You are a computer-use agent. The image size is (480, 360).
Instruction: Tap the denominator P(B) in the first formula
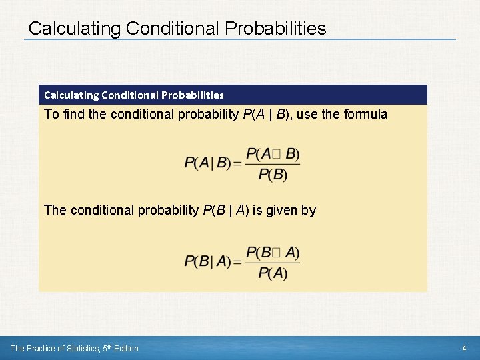pyautogui.click(x=273, y=175)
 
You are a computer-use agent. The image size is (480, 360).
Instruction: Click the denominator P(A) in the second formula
pyautogui.click(x=273, y=273)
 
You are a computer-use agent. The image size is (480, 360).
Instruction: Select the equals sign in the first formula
pyautogui.click(x=237, y=163)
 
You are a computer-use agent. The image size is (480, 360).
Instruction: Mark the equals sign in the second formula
pyautogui.click(x=237, y=261)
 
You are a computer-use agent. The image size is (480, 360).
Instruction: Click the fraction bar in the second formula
pyautogui.click(x=273, y=263)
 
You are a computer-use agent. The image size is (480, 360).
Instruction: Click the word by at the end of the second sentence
pyautogui.click(x=309, y=211)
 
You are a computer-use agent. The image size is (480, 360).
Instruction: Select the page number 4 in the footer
pyautogui.click(x=464, y=348)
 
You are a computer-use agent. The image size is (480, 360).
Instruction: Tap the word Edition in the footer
pyautogui.click(x=126, y=348)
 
